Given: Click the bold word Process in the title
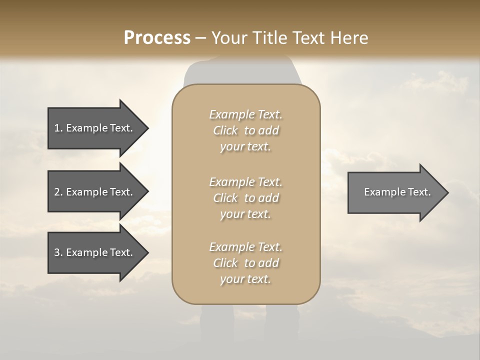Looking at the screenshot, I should (x=157, y=38).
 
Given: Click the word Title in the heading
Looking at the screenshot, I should (x=270, y=38).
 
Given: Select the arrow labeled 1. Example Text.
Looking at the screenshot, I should (x=95, y=128).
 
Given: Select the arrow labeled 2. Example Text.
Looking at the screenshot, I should (x=95, y=192).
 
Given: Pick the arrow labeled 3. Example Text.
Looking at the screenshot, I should (x=95, y=252).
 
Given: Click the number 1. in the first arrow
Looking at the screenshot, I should (x=58, y=128).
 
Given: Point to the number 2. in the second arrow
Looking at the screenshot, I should (x=58, y=192).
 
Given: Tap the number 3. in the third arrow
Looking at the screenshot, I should (x=58, y=252).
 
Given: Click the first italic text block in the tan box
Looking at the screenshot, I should (x=246, y=130).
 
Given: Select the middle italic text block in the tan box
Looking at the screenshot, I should (x=246, y=198).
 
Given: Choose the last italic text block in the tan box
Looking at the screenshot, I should (x=246, y=263).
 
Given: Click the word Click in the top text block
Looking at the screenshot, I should (x=225, y=130).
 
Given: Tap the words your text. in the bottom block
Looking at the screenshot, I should (x=245, y=279).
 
